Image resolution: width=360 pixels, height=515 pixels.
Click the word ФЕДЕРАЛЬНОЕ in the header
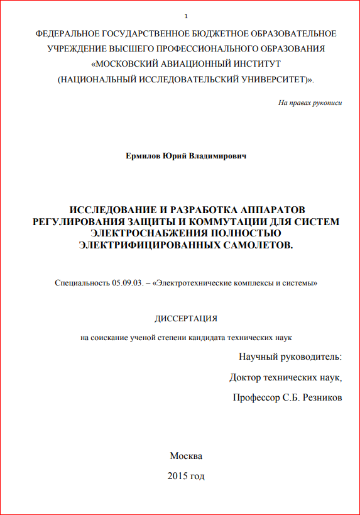coord(67,33)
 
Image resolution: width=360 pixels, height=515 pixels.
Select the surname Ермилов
coord(143,155)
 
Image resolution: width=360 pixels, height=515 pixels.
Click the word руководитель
coord(308,357)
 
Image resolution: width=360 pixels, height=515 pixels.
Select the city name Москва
coord(186,456)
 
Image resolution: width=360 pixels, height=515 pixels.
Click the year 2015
coord(178,476)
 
